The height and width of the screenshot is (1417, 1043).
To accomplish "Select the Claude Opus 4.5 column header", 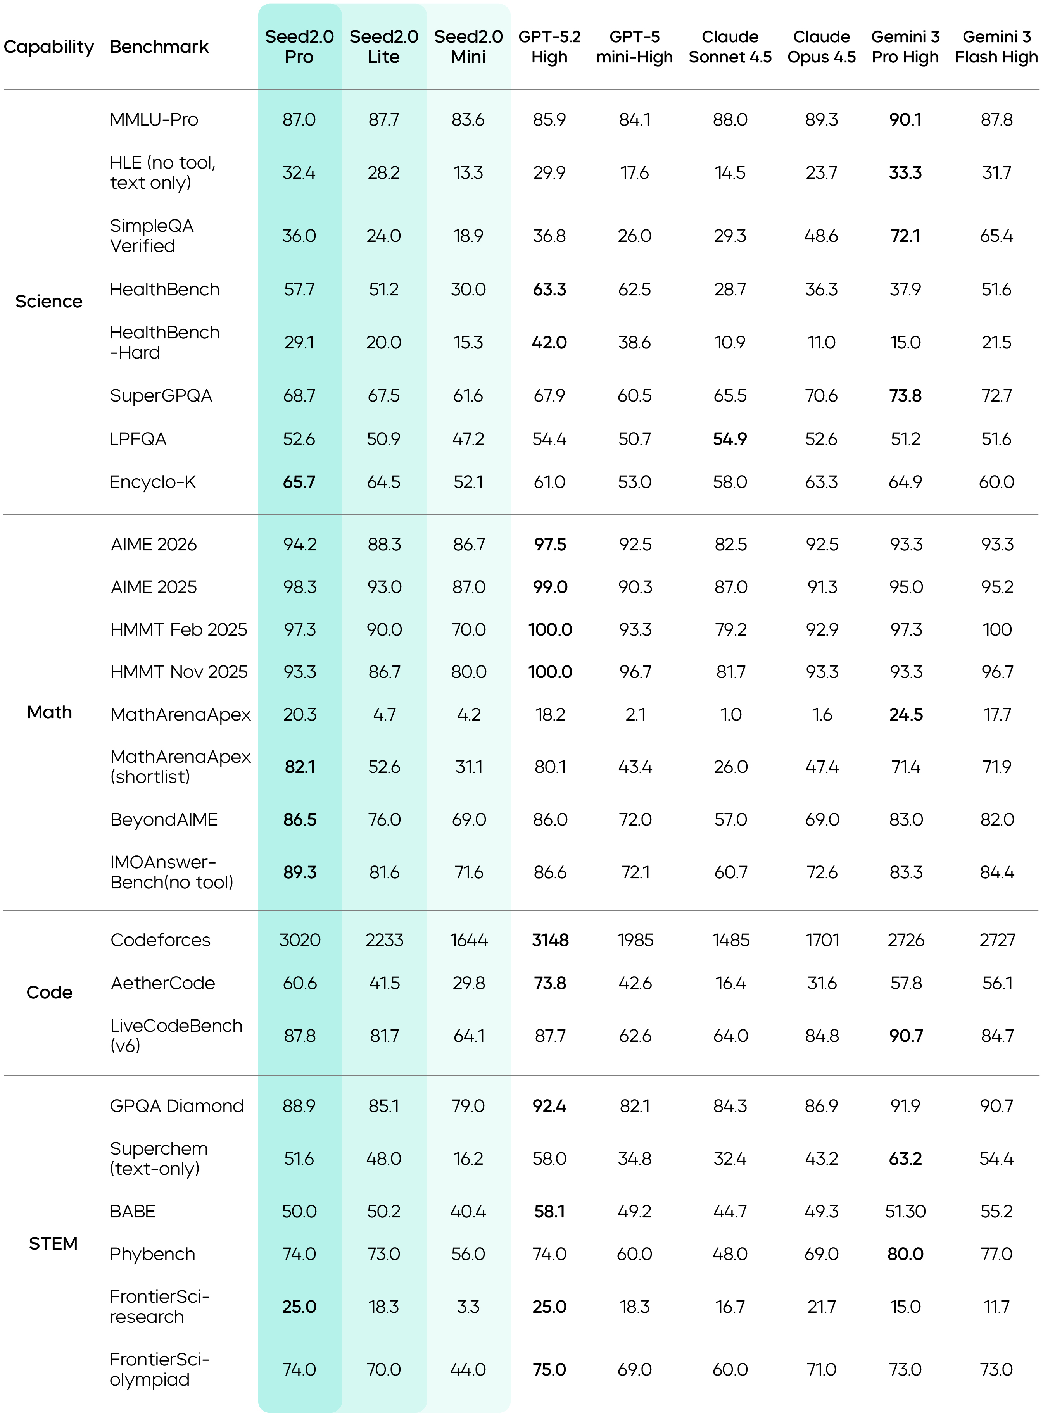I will point(821,47).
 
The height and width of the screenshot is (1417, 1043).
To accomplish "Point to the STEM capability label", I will point(53,1243).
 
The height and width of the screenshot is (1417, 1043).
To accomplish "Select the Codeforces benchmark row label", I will point(161,940).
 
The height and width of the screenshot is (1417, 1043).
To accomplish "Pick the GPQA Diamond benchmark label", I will point(177,1105).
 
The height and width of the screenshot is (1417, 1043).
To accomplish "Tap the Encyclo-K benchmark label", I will point(153,482).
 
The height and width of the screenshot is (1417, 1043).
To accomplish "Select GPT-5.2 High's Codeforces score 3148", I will point(550,940).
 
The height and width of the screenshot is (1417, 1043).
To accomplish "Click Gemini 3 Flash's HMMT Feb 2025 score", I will point(997,629).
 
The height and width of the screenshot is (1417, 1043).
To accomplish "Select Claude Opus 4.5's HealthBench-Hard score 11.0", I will point(821,342).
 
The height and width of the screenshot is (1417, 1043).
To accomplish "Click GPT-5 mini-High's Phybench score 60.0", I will point(634,1253).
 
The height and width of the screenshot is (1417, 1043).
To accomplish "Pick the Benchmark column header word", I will point(159,47).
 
